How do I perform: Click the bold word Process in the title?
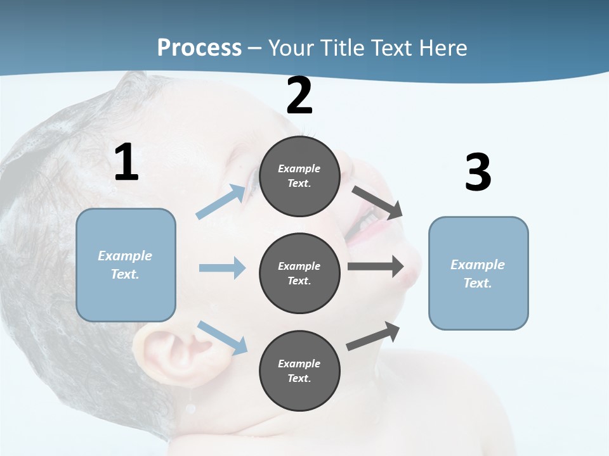coord(199,48)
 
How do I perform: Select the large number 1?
coord(126,163)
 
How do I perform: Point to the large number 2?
coord(299,96)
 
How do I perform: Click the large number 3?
coord(478,173)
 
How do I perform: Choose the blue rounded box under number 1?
coord(126,265)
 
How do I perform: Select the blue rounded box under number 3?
coord(478,274)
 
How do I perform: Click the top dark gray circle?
coord(299,176)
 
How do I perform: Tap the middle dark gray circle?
coord(299,274)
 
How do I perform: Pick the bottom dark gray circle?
coord(299,370)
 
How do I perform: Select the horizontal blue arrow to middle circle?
coord(222,268)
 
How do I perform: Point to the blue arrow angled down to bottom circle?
coord(223,337)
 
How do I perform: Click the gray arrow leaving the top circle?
coord(377,202)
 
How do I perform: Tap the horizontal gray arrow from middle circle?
coord(376,267)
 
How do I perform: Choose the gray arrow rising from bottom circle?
coord(373,336)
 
